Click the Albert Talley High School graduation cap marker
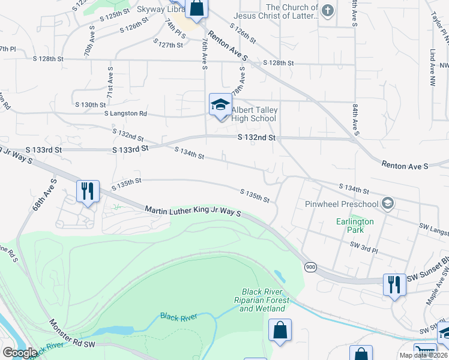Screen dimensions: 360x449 tap(220, 105)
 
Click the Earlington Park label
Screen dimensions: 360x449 tap(355, 226)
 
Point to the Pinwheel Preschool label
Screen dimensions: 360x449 tap(342, 204)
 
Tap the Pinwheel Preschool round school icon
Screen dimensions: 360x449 tap(388, 203)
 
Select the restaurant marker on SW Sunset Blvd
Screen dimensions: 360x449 tap(394, 284)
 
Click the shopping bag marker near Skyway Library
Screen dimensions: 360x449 tap(196, 8)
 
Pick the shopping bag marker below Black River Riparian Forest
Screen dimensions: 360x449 tap(280, 330)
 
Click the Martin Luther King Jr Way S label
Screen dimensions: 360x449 tap(193, 211)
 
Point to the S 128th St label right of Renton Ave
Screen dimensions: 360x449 tap(279, 63)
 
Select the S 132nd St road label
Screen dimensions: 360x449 tap(256, 137)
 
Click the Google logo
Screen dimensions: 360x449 tap(19, 352)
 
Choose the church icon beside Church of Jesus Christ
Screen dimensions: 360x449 tap(327, 11)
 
